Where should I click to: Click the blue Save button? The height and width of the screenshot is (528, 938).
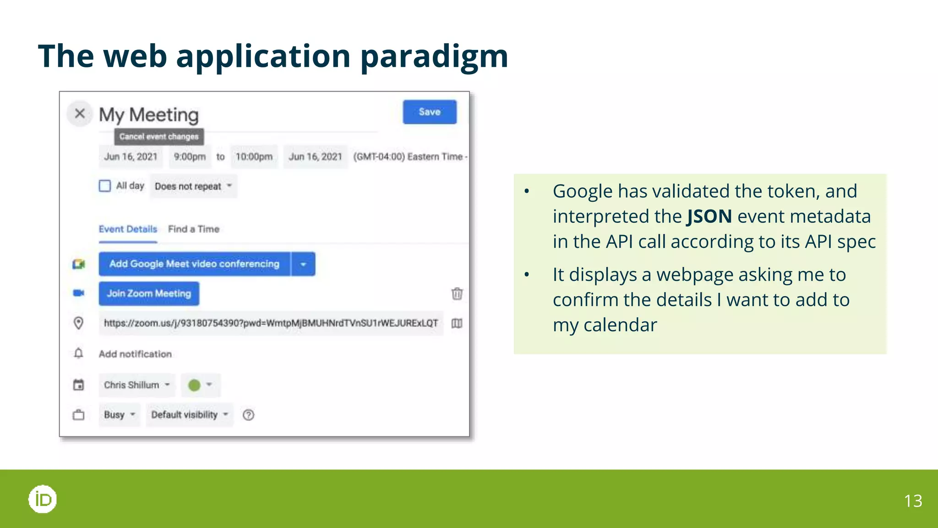[x=429, y=112]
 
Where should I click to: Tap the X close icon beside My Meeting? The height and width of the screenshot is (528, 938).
[x=80, y=113]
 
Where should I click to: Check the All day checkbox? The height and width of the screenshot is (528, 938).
[x=105, y=186]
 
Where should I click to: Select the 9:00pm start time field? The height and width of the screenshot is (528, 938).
[x=190, y=157]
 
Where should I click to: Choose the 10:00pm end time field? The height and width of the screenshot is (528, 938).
[x=254, y=157]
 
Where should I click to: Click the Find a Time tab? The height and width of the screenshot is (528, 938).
[x=194, y=229]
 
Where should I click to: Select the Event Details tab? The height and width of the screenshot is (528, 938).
[x=128, y=229]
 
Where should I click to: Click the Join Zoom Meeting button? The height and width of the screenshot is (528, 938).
[x=149, y=293]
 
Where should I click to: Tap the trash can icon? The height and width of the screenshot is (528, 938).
[x=457, y=293]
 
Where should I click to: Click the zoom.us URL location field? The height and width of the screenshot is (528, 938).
[x=270, y=323]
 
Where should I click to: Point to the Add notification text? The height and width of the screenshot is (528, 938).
[x=135, y=354]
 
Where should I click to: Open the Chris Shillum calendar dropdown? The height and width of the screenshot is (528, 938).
[x=136, y=385]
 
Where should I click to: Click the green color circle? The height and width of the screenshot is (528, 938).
[x=195, y=385]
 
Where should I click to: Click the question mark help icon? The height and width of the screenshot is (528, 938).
[x=248, y=415]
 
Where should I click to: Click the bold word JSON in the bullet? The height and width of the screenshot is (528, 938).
[x=709, y=216]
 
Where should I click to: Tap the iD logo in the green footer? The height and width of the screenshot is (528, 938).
[x=43, y=499]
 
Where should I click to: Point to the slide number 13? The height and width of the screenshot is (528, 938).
[x=913, y=500]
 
